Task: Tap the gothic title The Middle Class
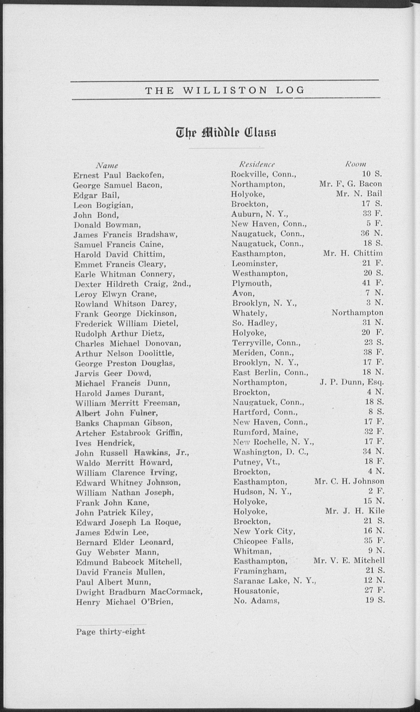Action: point(226,132)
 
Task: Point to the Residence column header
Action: point(257,164)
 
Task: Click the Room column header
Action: point(355,164)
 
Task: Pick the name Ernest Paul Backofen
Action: point(118,175)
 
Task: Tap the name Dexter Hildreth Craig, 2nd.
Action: point(133,284)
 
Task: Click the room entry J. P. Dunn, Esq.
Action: point(351,383)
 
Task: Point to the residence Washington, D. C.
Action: point(271,452)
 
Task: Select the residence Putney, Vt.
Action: point(256,462)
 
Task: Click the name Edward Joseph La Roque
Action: point(128,522)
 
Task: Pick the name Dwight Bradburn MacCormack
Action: point(139,592)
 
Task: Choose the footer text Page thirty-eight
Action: point(110,632)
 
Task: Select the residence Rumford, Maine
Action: point(266,432)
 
